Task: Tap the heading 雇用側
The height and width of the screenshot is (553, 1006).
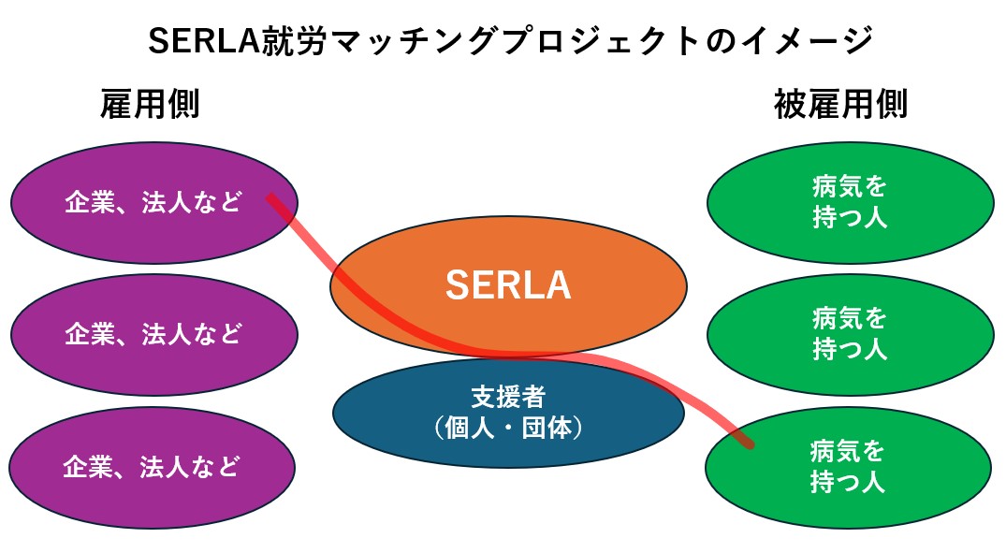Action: (x=150, y=105)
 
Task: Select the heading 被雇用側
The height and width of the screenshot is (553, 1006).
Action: (x=840, y=105)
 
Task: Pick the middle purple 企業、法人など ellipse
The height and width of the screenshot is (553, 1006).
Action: (x=153, y=333)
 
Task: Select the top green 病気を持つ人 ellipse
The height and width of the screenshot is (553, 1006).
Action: (x=849, y=202)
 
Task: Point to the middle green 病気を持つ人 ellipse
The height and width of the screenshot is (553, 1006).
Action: (x=849, y=334)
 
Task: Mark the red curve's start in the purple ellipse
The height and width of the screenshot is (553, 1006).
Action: (x=270, y=197)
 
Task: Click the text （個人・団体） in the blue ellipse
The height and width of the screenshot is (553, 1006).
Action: (x=508, y=429)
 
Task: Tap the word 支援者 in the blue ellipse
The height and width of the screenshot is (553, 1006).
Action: (x=508, y=397)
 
